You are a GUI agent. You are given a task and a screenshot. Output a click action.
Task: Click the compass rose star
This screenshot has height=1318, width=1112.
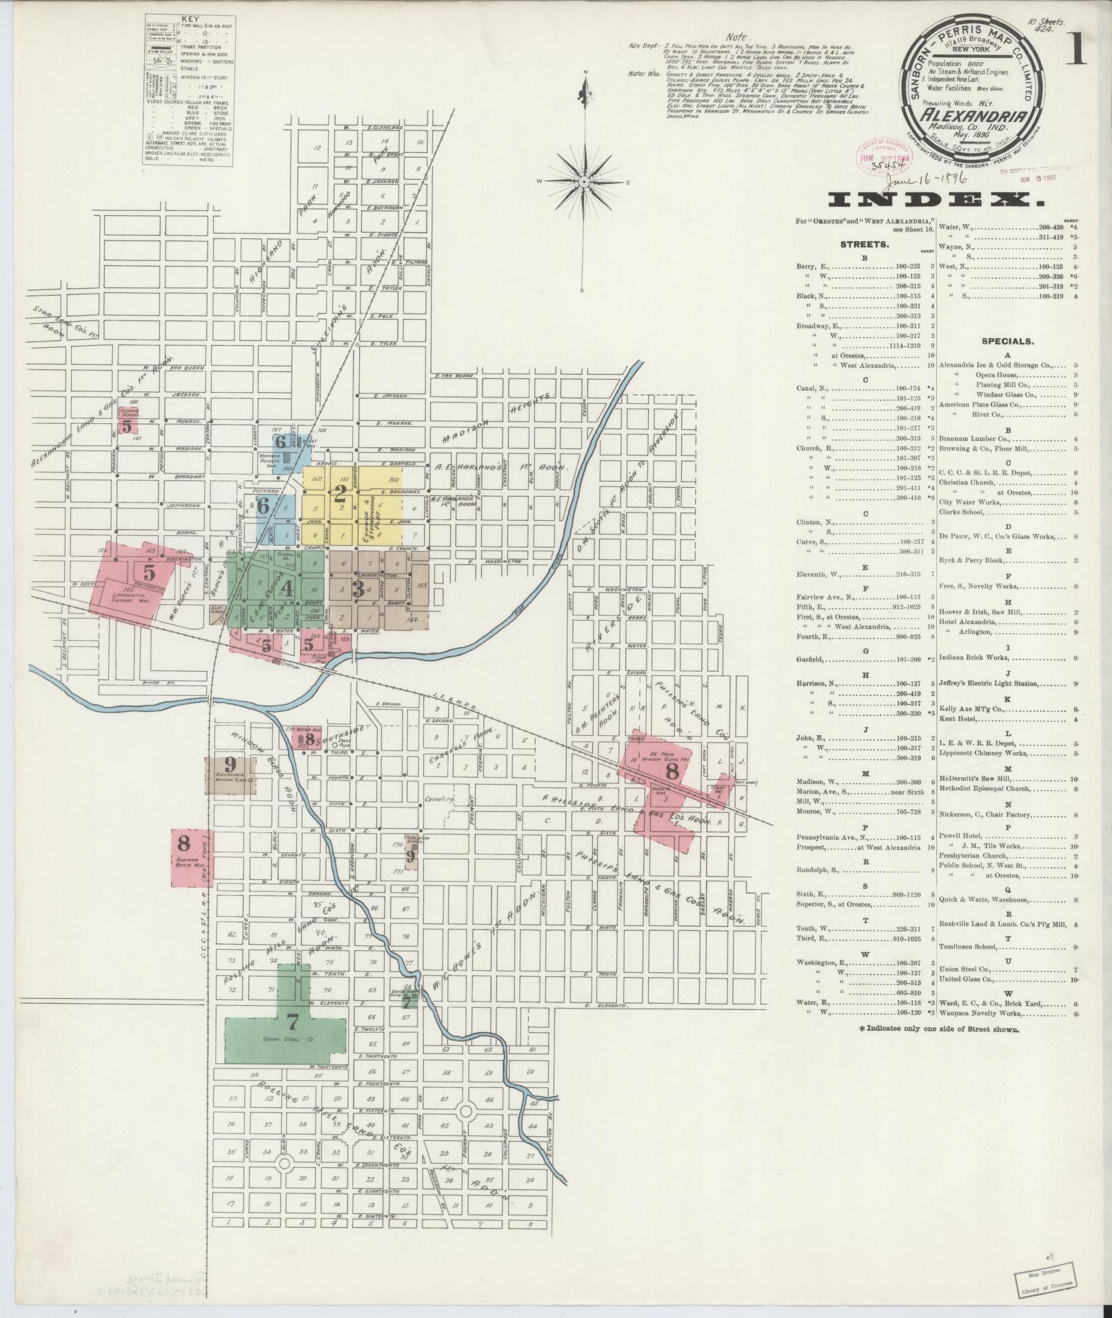[x=584, y=182]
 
